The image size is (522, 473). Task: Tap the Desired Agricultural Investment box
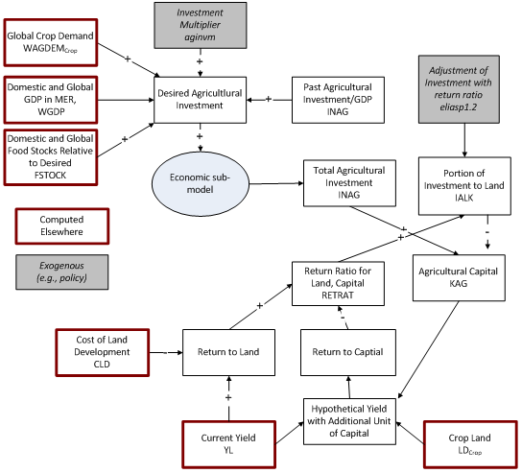click(x=200, y=100)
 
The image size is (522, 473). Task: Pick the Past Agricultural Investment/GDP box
click(x=337, y=100)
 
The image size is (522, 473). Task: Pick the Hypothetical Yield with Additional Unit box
click(x=349, y=421)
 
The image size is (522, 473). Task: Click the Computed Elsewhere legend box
click(x=62, y=225)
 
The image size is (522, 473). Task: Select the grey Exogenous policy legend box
click(x=62, y=272)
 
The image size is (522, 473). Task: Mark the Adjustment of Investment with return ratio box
click(x=465, y=89)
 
